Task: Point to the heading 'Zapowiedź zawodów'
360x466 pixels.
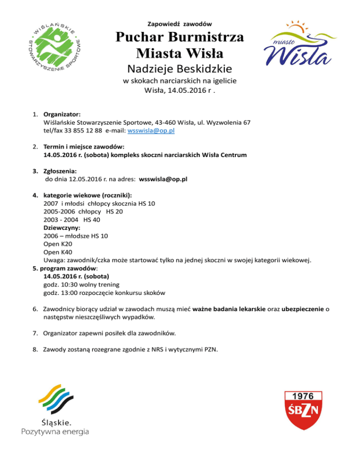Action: (x=180, y=23)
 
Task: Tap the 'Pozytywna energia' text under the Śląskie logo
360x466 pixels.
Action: (x=55, y=431)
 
